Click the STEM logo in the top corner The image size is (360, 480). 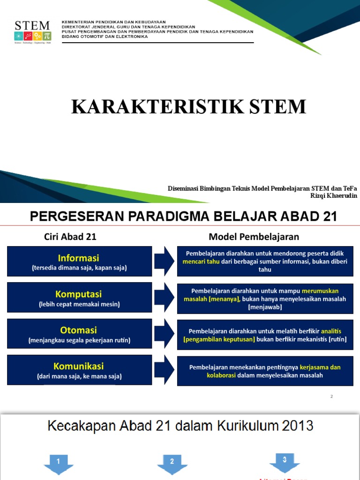[x=32, y=32]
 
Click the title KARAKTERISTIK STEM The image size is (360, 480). [x=188, y=107]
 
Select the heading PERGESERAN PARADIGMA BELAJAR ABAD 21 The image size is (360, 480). [x=183, y=217]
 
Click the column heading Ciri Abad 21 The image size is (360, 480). [x=70, y=237]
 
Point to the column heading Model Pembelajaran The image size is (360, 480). [x=254, y=237]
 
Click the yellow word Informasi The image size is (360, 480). [x=78, y=258]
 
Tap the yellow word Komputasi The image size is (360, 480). [x=79, y=294]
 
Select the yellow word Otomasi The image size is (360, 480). [x=79, y=330]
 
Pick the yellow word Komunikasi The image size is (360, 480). [x=79, y=366]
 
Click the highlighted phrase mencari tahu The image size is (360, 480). [x=201, y=262]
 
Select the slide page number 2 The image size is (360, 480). [x=331, y=397]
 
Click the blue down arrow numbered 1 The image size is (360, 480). [x=59, y=464]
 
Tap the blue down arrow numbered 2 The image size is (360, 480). [x=172, y=464]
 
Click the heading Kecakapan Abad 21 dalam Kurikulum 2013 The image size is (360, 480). [x=180, y=426]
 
